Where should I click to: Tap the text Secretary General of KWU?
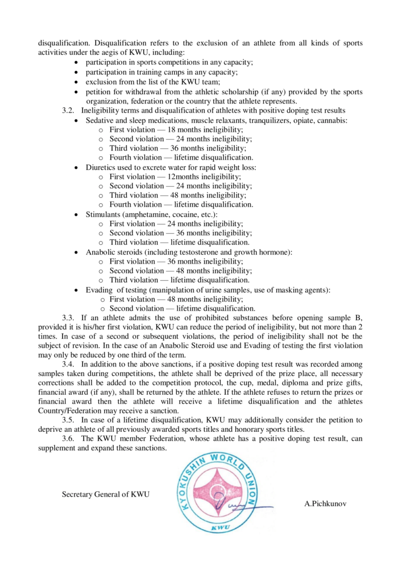106,494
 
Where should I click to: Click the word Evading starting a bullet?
99,290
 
